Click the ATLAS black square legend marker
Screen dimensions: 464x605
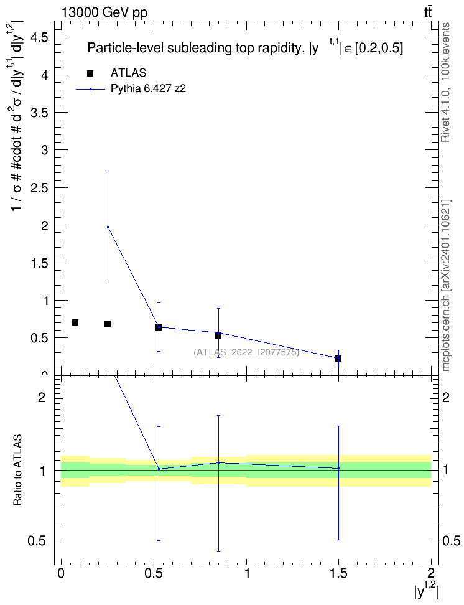[x=90, y=73]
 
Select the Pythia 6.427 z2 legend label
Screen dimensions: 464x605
[x=148, y=89]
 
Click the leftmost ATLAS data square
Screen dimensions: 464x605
[x=75, y=322]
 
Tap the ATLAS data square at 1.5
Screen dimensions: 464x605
[x=338, y=359]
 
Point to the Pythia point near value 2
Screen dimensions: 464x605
[x=108, y=227]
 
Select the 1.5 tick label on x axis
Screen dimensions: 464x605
[x=338, y=573]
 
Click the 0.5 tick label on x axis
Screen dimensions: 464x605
[x=154, y=573]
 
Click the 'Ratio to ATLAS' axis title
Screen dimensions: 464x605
[x=17, y=470]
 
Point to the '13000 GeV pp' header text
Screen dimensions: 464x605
[x=104, y=12]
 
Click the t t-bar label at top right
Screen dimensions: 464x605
[x=428, y=12]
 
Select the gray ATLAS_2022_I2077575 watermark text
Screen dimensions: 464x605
[x=246, y=352]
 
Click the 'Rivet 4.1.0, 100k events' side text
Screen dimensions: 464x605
[x=445, y=82]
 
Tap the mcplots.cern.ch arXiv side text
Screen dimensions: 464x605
[x=446, y=285]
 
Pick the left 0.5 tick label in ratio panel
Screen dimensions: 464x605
[x=38, y=541]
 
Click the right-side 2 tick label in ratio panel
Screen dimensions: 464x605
[x=446, y=397]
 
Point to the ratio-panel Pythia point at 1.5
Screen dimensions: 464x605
[x=338, y=469]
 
